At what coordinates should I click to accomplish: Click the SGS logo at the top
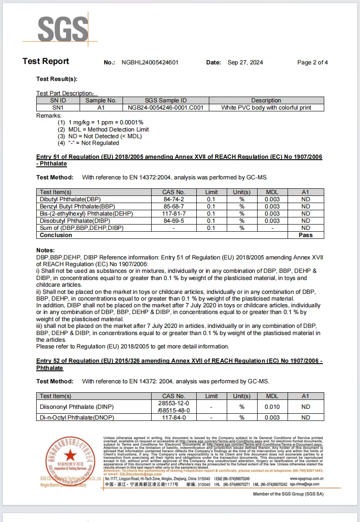coord(63,30)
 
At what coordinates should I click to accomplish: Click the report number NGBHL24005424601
coord(150,63)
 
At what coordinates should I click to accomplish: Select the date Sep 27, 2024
coord(245,63)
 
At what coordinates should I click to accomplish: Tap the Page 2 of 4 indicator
coord(312,63)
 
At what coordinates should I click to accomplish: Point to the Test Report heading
coord(46,62)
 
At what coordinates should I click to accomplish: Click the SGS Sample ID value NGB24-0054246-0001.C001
coord(165,108)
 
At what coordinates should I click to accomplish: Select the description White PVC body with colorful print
coord(266,108)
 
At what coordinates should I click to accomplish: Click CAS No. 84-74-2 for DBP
coord(174,199)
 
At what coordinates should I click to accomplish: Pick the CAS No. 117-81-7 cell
coord(174,214)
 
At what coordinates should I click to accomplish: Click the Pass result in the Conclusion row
coord(305,235)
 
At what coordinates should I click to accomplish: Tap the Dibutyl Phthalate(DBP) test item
coord(68,199)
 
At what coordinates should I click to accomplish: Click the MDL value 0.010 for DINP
coord(272,407)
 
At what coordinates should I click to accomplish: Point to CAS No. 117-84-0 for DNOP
coord(174,418)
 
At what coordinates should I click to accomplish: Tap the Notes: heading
coord(46,250)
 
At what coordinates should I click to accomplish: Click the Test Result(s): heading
coord(57,79)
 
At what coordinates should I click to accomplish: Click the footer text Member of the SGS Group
coord(288,494)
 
